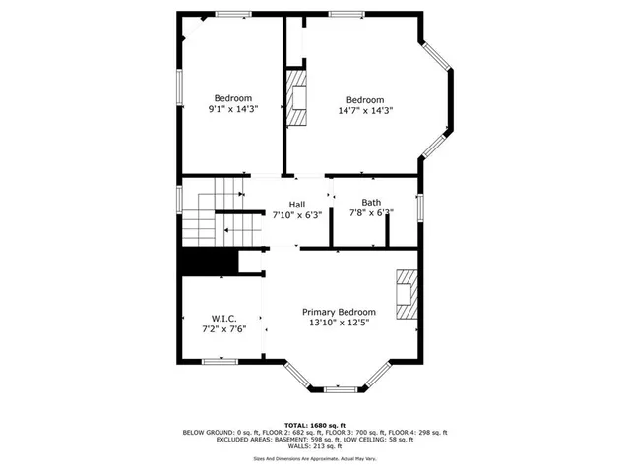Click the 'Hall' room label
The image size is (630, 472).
(296, 204)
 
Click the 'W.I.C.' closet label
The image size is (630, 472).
(223, 318)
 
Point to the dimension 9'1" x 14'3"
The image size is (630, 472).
(233, 110)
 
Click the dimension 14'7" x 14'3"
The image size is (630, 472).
(364, 111)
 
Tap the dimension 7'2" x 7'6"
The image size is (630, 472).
(223, 329)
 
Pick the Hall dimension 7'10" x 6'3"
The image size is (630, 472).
(296, 214)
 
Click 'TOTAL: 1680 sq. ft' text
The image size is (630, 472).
(314, 423)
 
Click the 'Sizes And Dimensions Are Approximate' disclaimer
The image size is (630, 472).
(314, 458)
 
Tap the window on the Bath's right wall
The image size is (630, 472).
(419, 208)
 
